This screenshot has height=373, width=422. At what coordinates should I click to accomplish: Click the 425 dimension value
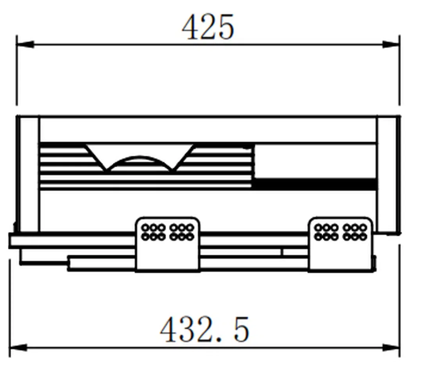[208, 27]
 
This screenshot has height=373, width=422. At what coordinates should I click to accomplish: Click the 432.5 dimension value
[205, 329]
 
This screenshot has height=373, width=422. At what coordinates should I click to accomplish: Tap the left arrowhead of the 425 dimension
[25, 45]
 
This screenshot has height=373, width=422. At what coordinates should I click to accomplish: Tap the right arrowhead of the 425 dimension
[391, 45]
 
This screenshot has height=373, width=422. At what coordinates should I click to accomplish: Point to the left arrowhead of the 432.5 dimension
[19, 348]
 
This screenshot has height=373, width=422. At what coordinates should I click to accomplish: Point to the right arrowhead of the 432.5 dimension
[391, 348]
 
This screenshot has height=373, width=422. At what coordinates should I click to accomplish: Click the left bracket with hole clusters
[168, 244]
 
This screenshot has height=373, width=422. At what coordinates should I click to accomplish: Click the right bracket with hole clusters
[340, 244]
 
